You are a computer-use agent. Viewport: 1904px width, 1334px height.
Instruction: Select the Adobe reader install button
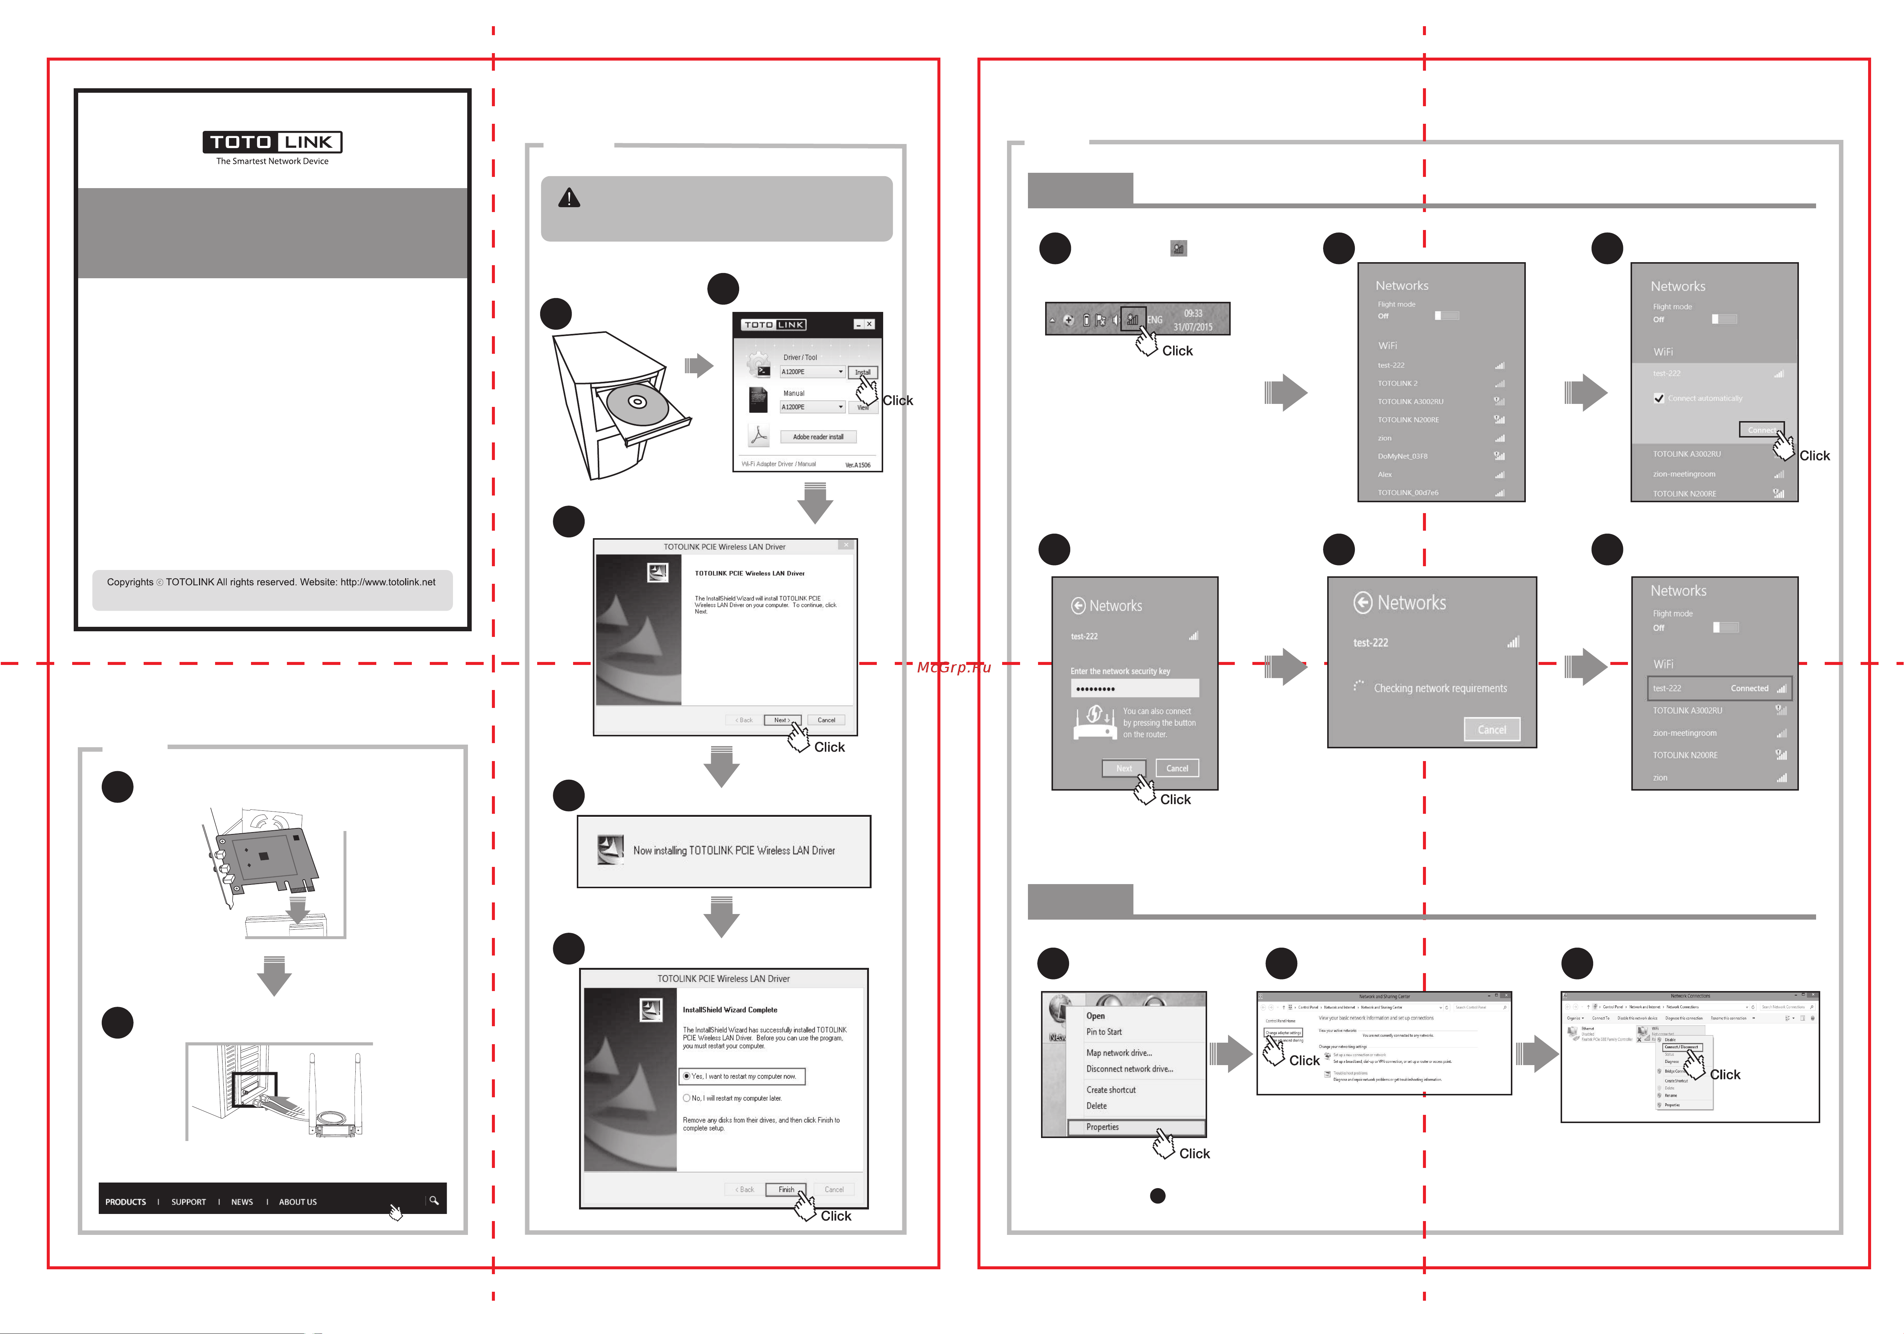818,437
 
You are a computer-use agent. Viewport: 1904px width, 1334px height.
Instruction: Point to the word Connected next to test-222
1749,688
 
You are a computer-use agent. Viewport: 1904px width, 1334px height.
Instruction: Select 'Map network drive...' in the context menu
1119,1053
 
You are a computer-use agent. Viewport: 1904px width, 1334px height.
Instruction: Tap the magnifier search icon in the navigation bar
434,1200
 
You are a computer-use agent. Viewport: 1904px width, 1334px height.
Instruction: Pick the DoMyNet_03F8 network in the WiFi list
1402,456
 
